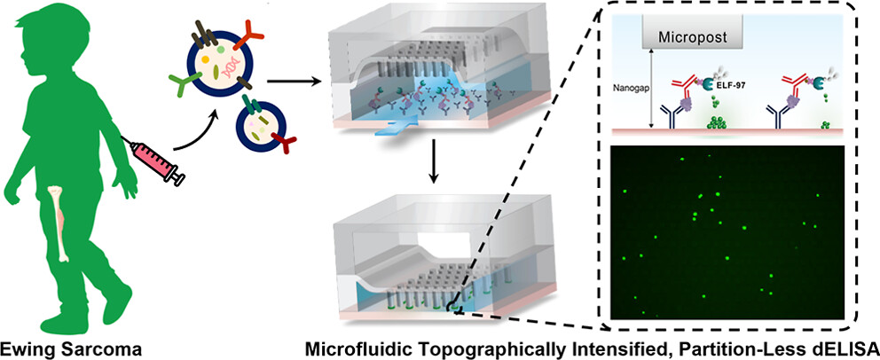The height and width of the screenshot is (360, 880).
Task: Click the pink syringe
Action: pyautogui.click(x=153, y=160)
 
